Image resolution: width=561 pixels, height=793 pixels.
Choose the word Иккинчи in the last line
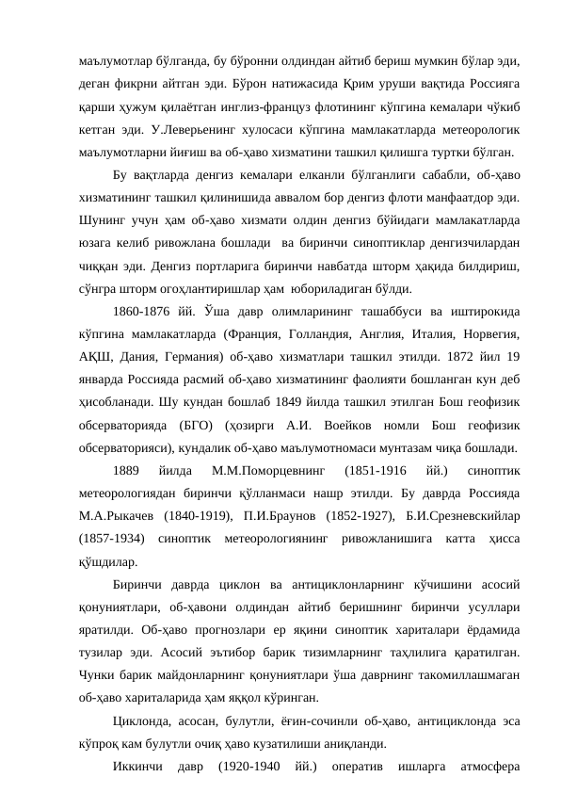point(139,771)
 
